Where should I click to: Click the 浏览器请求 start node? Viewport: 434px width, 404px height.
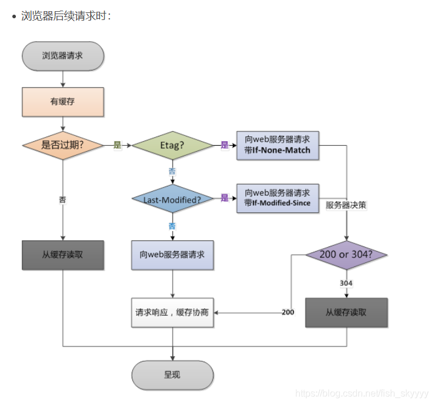[x=62, y=56]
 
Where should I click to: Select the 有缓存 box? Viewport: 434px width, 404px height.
[x=62, y=102]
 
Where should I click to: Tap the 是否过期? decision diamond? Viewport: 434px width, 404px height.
[x=62, y=145]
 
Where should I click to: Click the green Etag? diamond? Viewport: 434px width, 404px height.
[x=172, y=145]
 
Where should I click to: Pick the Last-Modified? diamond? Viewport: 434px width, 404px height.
[x=172, y=199]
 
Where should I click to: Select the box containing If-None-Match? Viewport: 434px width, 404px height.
[x=278, y=145]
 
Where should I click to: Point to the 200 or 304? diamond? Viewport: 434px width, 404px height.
[x=346, y=255]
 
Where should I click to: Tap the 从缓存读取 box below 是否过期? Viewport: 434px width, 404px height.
[x=62, y=255]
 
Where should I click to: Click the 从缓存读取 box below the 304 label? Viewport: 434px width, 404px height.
[x=346, y=312]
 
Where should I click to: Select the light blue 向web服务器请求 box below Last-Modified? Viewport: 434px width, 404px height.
[x=172, y=255]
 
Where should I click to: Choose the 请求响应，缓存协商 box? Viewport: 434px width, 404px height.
[x=172, y=312]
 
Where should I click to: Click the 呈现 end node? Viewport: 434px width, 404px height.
[x=172, y=375]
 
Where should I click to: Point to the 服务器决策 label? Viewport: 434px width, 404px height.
[x=346, y=205]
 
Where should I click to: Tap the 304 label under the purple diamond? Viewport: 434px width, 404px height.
[x=346, y=283]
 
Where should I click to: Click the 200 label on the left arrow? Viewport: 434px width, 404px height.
[x=288, y=312]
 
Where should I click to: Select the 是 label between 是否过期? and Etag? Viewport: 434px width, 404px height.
[x=116, y=145]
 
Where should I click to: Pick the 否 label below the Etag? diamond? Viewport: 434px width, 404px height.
[x=172, y=171]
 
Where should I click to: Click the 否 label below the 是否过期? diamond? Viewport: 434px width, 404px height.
[x=62, y=199]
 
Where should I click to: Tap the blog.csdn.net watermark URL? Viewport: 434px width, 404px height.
[x=362, y=393]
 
